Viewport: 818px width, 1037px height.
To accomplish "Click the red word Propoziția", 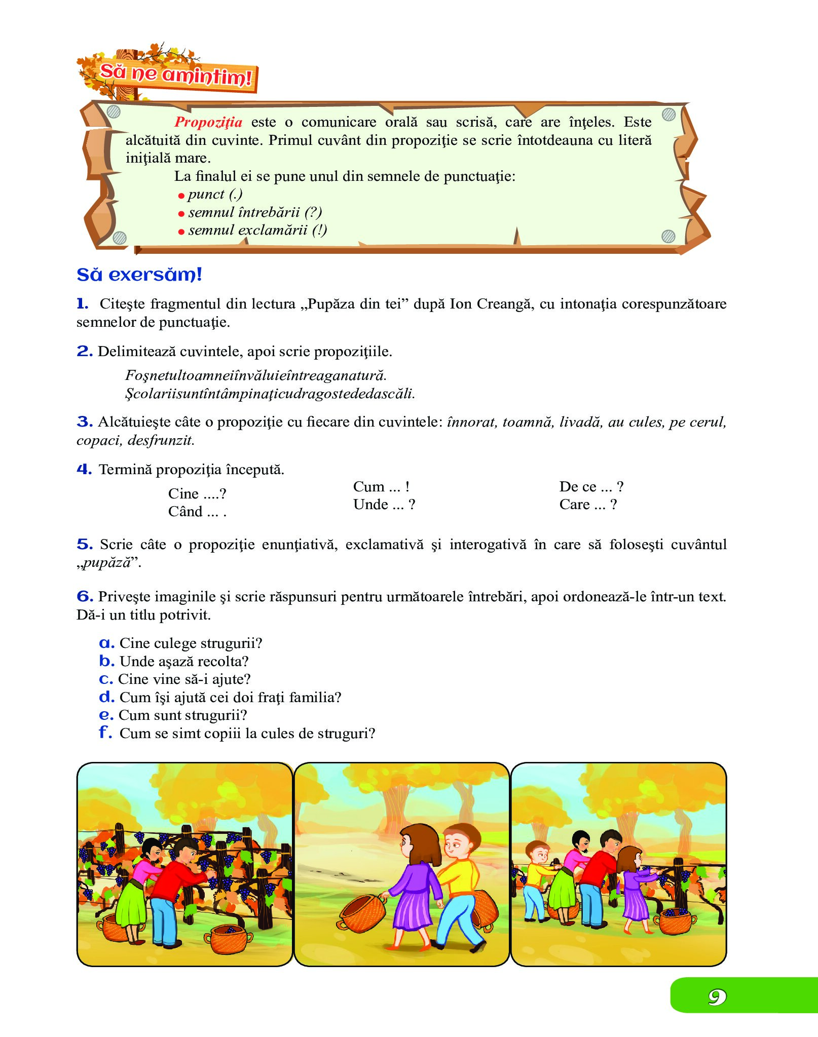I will point(208,122).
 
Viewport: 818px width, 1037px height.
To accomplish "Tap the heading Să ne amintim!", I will point(175,75).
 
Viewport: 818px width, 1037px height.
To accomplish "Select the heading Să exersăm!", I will point(139,275).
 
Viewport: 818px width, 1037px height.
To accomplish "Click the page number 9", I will point(717,997).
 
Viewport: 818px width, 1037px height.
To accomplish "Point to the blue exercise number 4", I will point(84,469).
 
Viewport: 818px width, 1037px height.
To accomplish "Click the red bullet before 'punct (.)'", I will point(181,196).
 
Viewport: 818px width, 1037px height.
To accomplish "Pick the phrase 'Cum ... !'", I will point(381,487).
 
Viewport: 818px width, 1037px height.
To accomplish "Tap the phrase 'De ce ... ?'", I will point(591,487).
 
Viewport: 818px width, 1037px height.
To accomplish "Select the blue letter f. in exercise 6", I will point(105,733).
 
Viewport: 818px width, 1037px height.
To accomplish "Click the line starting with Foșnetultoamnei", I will point(256,375).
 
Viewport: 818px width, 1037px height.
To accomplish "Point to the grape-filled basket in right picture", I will point(675,919).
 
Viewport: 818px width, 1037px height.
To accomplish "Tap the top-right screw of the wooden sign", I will point(669,114).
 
